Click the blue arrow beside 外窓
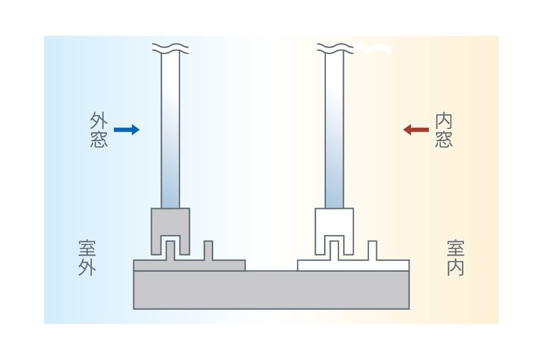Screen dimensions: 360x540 (x=127, y=130)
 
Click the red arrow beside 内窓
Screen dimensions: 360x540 (x=415, y=130)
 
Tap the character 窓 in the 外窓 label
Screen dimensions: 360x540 (x=98, y=139)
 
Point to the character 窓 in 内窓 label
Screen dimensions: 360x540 (x=443, y=139)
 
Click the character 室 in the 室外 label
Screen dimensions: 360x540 (x=88, y=248)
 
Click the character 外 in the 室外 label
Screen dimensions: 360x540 (x=88, y=267)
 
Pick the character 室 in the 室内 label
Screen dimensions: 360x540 (x=455, y=248)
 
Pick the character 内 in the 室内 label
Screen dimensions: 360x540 (x=455, y=267)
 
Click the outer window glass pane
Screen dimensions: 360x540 (x=170, y=132)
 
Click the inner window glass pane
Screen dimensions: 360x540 (x=334, y=132)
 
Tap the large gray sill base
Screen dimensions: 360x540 (x=271, y=290)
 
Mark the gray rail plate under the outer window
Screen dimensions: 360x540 (x=228, y=265)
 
